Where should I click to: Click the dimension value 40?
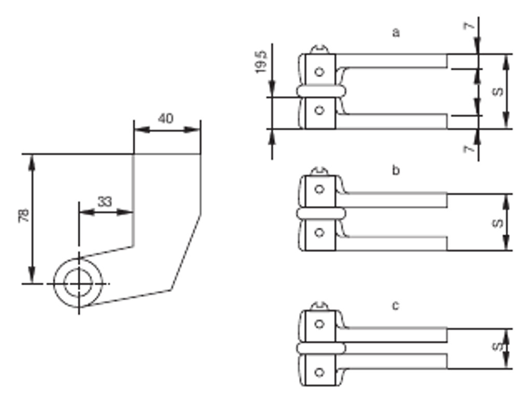[x=165, y=119]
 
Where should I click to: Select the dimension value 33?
[x=105, y=202]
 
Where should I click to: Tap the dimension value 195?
[x=261, y=61]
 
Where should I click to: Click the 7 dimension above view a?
[x=469, y=26]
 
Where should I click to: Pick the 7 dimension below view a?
[x=469, y=149]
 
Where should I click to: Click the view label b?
[x=396, y=171]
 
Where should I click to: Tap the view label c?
[x=396, y=306]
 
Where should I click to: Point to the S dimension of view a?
[x=497, y=91]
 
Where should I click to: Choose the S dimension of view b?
[x=497, y=223]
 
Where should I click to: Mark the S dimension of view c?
[x=497, y=346]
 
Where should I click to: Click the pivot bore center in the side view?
[x=79, y=283]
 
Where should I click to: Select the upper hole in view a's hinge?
[x=320, y=72]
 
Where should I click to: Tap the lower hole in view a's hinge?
[x=320, y=109]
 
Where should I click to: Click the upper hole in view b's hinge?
[x=320, y=189]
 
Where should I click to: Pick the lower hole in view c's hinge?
[x=320, y=371]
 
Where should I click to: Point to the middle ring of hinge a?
[x=320, y=91]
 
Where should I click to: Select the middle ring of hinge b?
[x=320, y=213]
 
